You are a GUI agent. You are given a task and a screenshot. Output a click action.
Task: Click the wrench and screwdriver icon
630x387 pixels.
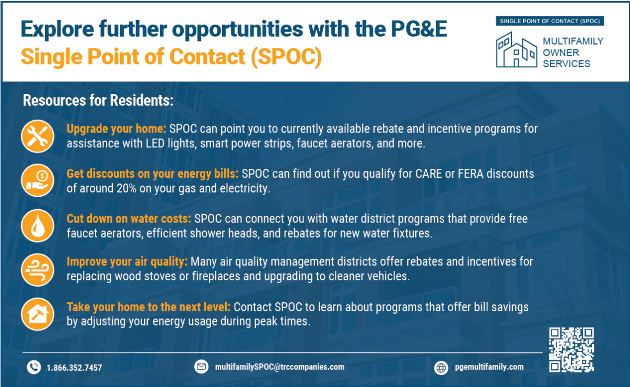point(37,136)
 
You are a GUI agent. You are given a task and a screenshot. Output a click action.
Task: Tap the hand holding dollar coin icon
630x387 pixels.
point(37,180)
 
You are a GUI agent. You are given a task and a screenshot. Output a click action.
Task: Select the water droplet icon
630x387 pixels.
point(37,225)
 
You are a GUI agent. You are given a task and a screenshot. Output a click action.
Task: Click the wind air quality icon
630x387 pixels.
point(37,269)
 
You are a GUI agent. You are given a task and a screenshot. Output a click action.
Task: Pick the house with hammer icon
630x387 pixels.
point(37,313)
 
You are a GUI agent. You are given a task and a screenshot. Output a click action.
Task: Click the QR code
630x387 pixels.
point(571,349)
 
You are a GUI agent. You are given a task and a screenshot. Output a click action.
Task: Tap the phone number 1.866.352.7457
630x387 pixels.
point(74,368)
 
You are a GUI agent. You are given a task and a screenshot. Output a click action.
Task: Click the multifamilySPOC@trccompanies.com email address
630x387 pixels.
point(279,367)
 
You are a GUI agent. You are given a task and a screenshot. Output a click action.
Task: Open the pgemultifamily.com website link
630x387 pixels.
point(489,367)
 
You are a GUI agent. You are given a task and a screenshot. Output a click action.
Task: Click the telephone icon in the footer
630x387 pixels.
point(34,367)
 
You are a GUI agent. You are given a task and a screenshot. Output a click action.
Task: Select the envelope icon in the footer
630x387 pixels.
point(202,367)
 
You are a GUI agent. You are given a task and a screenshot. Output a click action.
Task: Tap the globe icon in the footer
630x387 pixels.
point(442,368)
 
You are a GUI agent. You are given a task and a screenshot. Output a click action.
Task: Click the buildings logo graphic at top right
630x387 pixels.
point(517,49)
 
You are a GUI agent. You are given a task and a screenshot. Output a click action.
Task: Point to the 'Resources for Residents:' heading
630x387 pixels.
point(98,100)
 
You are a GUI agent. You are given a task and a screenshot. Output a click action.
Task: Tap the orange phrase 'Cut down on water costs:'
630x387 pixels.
point(129,218)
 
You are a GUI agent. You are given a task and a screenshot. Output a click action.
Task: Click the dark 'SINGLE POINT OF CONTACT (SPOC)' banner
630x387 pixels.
point(550,21)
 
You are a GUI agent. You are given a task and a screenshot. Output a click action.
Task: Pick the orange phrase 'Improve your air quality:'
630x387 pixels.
point(127,262)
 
